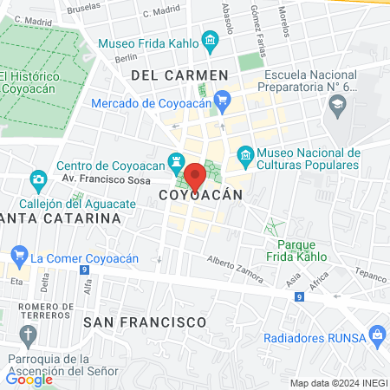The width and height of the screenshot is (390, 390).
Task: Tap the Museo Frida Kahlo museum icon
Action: coord(209,40)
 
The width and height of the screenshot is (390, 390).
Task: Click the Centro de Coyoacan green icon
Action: coord(179,161)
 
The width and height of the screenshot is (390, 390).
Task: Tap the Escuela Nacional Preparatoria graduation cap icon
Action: coord(336,105)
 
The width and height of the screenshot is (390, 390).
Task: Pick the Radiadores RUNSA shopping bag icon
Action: coord(376,334)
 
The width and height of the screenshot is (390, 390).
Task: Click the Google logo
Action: coord(29,378)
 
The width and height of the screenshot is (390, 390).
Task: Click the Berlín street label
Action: coord(126,57)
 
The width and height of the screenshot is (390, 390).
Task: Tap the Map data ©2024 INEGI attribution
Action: coord(337,382)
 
